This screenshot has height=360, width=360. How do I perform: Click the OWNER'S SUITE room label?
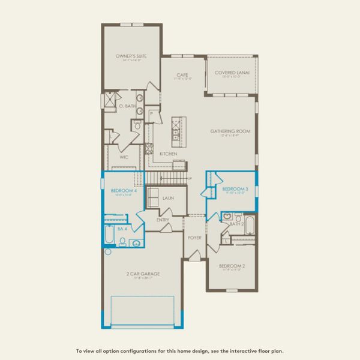point(131,56)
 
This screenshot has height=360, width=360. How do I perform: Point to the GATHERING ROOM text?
point(230,131)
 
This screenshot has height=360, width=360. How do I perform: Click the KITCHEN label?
point(168,154)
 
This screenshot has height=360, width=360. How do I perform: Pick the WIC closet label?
point(124,157)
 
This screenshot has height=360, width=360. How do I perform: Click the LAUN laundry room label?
point(167,197)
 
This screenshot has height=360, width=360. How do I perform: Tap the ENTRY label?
point(163,220)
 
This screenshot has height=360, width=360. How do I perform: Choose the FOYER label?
point(194,238)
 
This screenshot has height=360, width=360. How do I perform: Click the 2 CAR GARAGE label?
point(139,274)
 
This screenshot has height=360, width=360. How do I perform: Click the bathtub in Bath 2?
point(249,227)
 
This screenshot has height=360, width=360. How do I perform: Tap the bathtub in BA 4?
point(110,236)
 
